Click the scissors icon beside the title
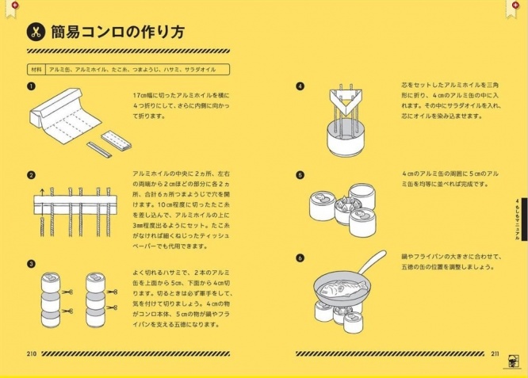[36, 32]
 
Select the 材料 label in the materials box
[36, 70]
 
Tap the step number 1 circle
[31, 86]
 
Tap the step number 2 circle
[31, 175]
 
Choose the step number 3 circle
[31, 263]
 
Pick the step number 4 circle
[300, 86]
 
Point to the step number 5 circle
[300, 175]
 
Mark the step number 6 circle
[300, 258]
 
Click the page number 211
[494, 353]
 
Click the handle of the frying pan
[373, 262]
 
